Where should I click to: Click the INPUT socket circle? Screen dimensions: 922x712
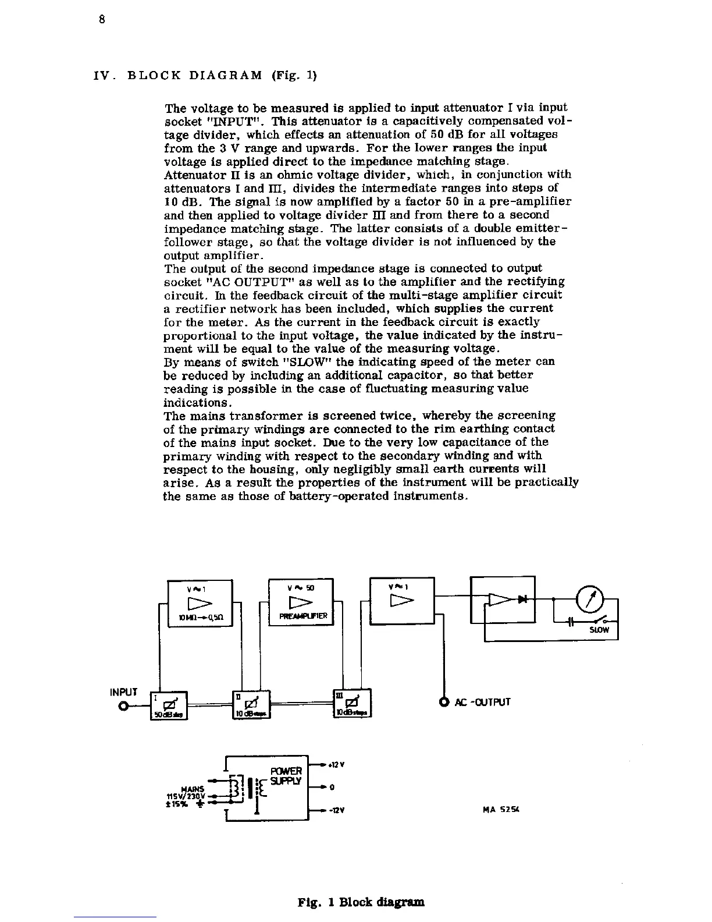pyautogui.click(x=123, y=707)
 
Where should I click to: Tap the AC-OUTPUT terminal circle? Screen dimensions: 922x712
pyautogui.click(x=444, y=701)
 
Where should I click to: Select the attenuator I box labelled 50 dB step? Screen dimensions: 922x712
pyautogui.click(x=168, y=705)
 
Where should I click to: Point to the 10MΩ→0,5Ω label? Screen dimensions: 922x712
pyautogui.click(x=200, y=616)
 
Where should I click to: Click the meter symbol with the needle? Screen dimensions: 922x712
pyautogui.click(x=589, y=598)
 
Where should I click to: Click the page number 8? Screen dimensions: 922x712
pyautogui.click(x=101, y=19)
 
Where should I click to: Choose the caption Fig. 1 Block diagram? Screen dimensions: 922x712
pyautogui.click(x=361, y=902)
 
